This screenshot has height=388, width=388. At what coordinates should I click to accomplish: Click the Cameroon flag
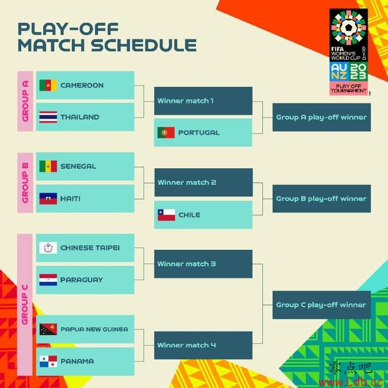click(x=48, y=86)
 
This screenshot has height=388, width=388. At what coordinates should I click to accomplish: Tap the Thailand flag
click(x=48, y=117)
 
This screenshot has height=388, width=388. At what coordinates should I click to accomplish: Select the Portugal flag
click(x=166, y=132)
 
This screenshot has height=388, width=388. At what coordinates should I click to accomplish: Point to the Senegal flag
click(x=48, y=166)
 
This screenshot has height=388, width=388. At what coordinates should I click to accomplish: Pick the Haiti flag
click(x=48, y=199)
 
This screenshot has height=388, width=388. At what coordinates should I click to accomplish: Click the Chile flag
click(x=166, y=215)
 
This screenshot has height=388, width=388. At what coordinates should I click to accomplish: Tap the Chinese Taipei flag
click(x=48, y=248)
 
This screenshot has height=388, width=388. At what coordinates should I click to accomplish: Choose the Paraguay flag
click(x=48, y=280)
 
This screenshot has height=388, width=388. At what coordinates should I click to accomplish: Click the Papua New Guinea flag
click(x=48, y=329)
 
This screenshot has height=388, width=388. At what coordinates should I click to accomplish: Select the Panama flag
click(x=48, y=362)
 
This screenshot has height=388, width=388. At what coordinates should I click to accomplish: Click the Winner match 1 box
click(x=203, y=101)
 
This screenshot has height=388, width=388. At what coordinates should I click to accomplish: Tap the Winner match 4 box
click(x=203, y=345)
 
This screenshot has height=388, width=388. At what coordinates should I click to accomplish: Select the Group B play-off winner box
click(x=322, y=199)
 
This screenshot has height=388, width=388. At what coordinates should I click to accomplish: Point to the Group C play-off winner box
click(x=322, y=305)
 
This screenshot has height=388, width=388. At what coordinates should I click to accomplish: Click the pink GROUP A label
click(x=25, y=101)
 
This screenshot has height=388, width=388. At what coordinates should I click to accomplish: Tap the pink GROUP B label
click(x=25, y=183)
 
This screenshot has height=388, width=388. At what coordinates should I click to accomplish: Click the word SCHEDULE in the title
click(x=144, y=45)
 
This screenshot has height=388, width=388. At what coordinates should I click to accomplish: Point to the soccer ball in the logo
click(x=349, y=27)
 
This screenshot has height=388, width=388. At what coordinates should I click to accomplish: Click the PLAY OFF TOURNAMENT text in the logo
click(x=349, y=88)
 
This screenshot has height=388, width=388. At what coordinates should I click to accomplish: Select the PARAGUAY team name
click(x=82, y=280)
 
